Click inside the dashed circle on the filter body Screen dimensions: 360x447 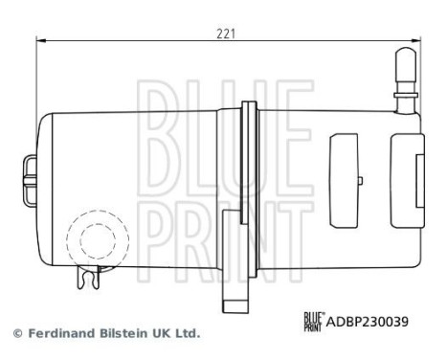(x=97, y=236)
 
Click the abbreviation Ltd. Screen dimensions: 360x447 (x=188, y=334)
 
